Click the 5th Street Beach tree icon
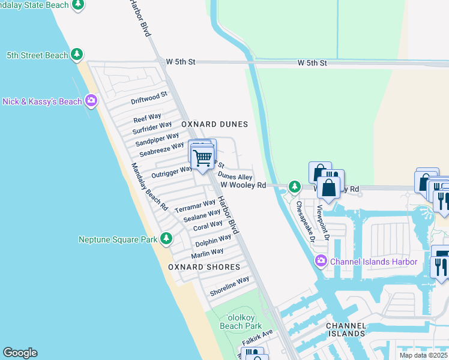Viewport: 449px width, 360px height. pos(77,55)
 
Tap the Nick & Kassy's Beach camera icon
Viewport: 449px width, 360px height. pos(91,101)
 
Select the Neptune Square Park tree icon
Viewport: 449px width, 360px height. pos(166,239)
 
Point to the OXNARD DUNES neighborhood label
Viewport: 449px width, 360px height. pos(215,124)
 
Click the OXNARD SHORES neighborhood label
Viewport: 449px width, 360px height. pos(204,267)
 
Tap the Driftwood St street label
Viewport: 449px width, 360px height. pos(149,98)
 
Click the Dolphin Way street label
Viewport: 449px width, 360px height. pos(212,241)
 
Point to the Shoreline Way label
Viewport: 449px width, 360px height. pos(229,286)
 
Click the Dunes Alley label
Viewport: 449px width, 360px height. pos(235,176)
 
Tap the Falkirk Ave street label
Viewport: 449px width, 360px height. pos(258,337)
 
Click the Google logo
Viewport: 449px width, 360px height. pos(20,353)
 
